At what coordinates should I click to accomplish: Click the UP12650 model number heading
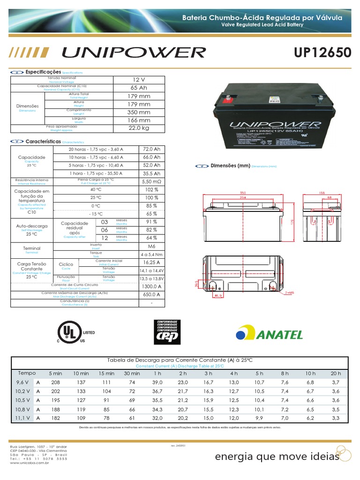pyautogui.click(x=322, y=52)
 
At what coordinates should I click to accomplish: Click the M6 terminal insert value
pyautogui.click(x=151, y=246)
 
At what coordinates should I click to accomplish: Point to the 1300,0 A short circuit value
pyautogui.click(x=151, y=286)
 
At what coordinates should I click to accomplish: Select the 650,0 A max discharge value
pyautogui.click(x=151, y=294)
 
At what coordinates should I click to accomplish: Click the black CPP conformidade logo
pyautogui.click(x=167, y=332)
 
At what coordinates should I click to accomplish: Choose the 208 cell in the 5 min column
pyautogui.click(x=55, y=383)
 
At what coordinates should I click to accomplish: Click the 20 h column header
pyautogui.click(x=336, y=373)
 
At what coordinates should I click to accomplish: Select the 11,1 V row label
pyautogui.click(x=22, y=417)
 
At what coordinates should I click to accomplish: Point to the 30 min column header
pyautogui.click(x=132, y=373)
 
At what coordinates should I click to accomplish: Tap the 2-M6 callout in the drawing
pyautogui.click(x=291, y=292)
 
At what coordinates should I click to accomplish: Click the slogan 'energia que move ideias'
pyautogui.click(x=277, y=457)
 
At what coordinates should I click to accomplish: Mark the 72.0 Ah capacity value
pyautogui.click(x=151, y=149)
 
